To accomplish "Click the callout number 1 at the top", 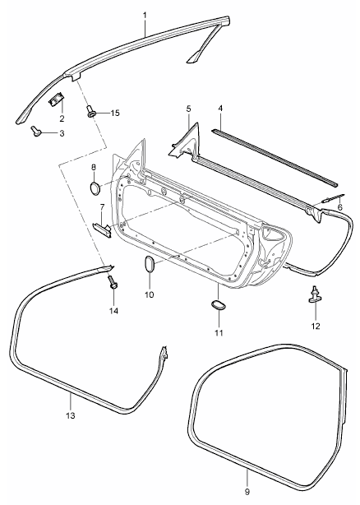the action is click(x=145, y=15).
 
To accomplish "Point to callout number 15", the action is click(x=115, y=113).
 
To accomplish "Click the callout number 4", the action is click(x=220, y=109).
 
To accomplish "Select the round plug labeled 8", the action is click(x=95, y=188).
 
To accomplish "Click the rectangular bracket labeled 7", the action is click(x=102, y=229).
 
